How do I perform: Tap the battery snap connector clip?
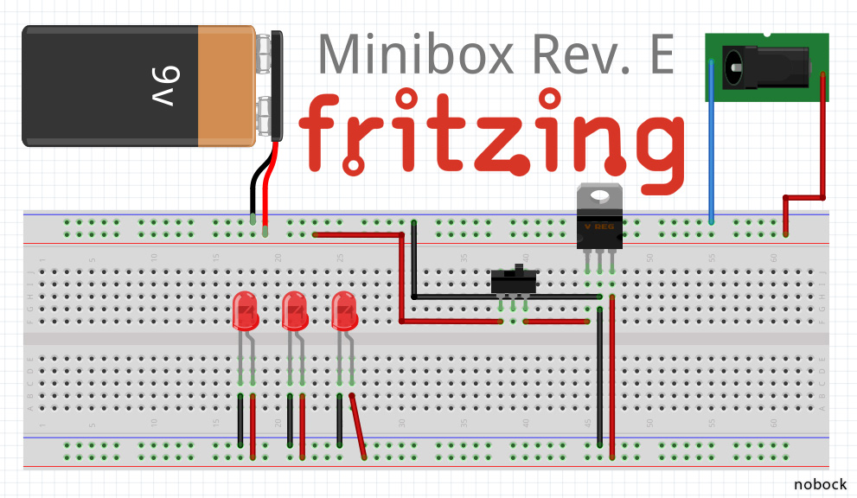tap(276, 86)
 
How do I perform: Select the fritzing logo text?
tap(493, 134)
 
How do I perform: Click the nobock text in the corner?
tap(820, 484)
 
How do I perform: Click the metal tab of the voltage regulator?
tap(599, 195)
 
